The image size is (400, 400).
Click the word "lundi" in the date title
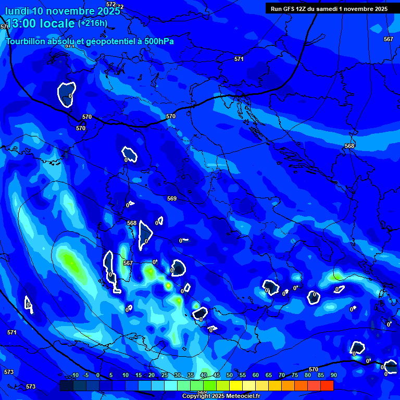pyautogui.click(x=17, y=11)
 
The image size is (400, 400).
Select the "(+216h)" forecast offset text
pyautogui.click(x=93, y=23)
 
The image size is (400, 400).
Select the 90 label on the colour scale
pyautogui.click(x=333, y=376)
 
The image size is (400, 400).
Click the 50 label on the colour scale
pyautogui.click(x=230, y=376)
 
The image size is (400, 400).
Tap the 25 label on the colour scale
pyautogui.click(x=165, y=376)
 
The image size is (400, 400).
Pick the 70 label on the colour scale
pyautogui.click(x=282, y=376)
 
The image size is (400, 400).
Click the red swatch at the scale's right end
pyautogui.click(x=327, y=385)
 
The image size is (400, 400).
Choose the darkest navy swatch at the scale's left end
pyautogui.click(x=66, y=385)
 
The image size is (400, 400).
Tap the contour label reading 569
pyautogui.click(x=172, y=198)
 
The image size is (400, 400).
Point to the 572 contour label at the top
pyautogui.click(x=111, y=5)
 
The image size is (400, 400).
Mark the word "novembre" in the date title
pyautogui.click(x=73, y=11)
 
